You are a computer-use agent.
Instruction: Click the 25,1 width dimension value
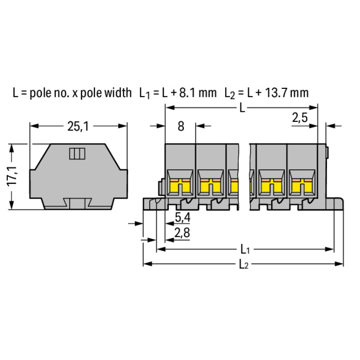pyautogui.click(x=78, y=126)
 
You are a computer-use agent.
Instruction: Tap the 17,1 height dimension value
pyautogui.click(x=12, y=176)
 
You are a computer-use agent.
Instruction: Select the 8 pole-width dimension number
pyautogui.click(x=181, y=126)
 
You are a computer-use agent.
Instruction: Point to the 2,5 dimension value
pyautogui.click(x=300, y=118)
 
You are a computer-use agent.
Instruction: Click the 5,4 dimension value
pyautogui.click(x=182, y=217)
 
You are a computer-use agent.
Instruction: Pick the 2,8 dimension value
pyautogui.click(x=182, y=233)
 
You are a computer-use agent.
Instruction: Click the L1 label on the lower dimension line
pyautogui.click(x=245, y=249)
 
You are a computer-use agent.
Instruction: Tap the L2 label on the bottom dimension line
pyautogui.click(x=243, y=264)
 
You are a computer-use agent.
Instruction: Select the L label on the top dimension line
pyautogui.click(x=242, y=108)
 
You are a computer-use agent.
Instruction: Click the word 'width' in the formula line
pyautogui.click(x=118, y=93)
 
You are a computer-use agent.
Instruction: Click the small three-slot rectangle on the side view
pyautogui.click(x=77, y=154)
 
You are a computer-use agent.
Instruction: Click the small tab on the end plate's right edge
pyautogui.click(x=327, y=153)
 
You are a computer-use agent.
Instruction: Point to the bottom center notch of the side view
pyautogui.click(x=77, y=204)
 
